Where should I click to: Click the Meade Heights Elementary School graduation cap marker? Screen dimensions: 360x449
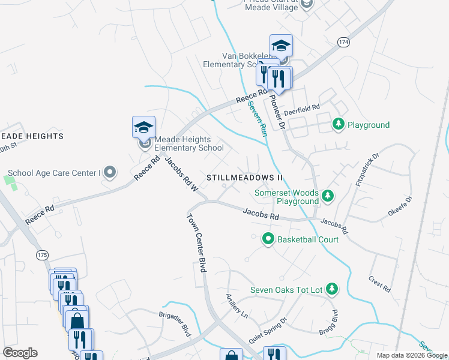(x=143, y=127)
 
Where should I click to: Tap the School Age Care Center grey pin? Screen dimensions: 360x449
(x=109, y=173)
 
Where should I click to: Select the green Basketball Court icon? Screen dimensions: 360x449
(x=269, y=239)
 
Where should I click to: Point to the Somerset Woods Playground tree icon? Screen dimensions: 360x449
(x=327, y=196)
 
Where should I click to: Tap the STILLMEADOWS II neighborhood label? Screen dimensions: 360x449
(x=244, y=178)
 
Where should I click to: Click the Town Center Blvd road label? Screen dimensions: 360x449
(x=197, y=243)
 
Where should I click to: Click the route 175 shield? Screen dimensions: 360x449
(x=42, y=255)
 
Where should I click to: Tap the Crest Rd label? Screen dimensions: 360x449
(x=380, y=284)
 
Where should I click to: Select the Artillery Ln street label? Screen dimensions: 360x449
(x=237, y=305)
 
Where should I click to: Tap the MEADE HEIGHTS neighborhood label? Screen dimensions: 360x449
(x=32, y=137)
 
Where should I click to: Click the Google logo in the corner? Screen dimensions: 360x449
(x=20, y=353)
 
